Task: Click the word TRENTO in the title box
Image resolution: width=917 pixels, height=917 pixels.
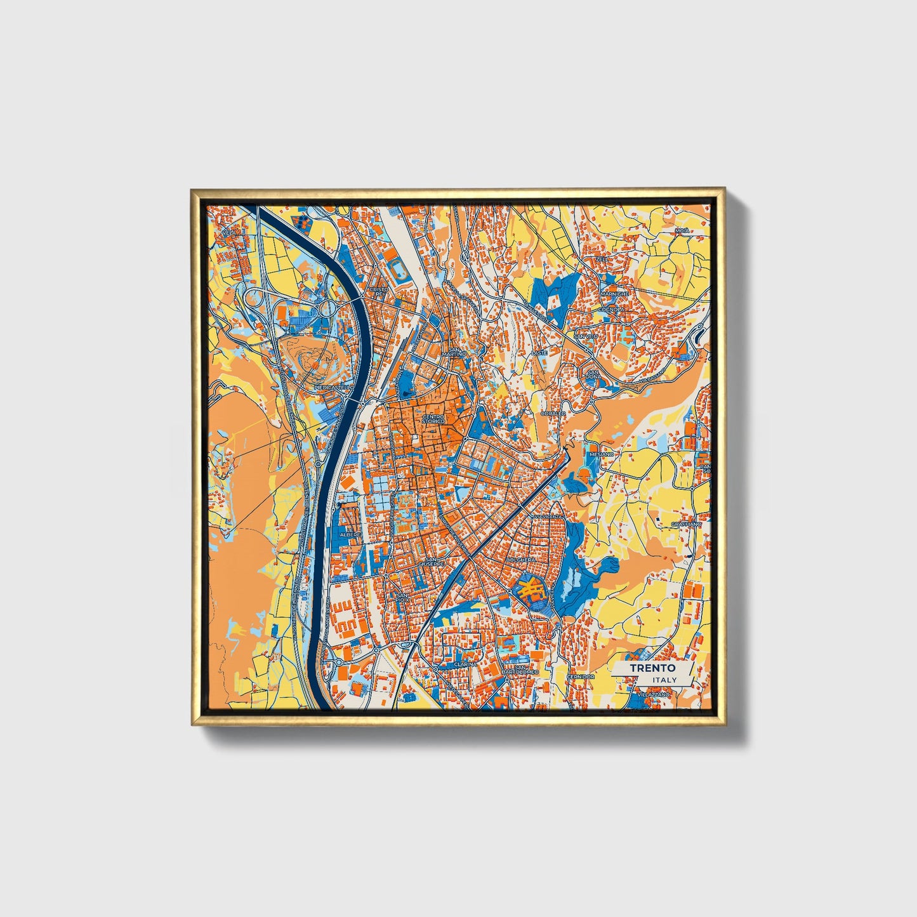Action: pyautogui.click(x=652, y=668)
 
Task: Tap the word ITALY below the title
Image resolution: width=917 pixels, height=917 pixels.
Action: pyautogui.click(x=664, y=680)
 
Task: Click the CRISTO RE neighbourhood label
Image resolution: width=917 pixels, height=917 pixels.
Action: pyautogui.click(x=379, y=292)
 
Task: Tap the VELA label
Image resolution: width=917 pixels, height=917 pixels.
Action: pyautogui.click(x=229, y=233)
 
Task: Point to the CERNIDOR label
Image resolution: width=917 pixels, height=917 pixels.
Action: pyautogui.click(x=581, y=676)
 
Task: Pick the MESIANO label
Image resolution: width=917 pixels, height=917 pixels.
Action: pyautogui.click(x=602, y=454)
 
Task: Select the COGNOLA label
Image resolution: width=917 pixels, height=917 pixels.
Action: pyautogui.click(x=614, y=309)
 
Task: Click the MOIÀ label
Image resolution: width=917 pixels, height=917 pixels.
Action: pyautogui.click(x=682, y=230)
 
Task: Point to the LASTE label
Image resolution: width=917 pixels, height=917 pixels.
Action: pyautogui.click(x=539, y=352)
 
